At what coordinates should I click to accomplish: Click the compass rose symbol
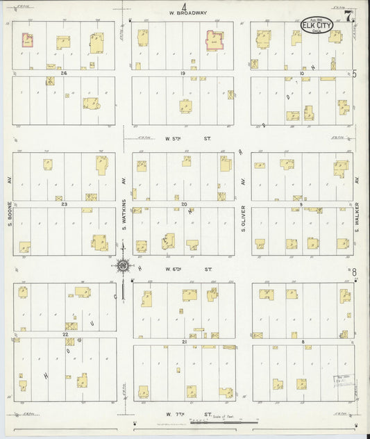[x=123, y=264]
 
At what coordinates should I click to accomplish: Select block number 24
[x=64, y=73]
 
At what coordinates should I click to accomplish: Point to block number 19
[x=183, y=73]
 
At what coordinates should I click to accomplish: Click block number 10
[x=302, y=73]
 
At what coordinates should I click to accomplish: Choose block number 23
[x=64, y=204]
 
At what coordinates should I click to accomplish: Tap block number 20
[x=184, y=204]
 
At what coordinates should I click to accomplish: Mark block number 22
[x=65, y=335]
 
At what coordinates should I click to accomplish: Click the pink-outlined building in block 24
[x=28, y=40]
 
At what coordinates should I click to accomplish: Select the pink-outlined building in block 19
[x=213, y=40]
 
